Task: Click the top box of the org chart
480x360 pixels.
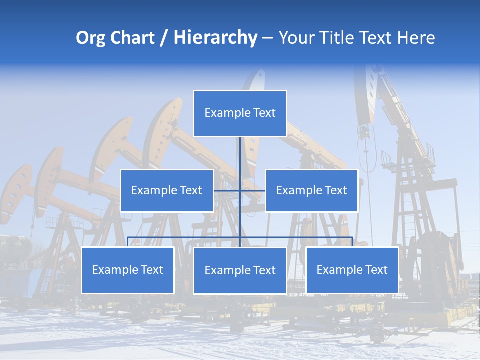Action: point(240,113)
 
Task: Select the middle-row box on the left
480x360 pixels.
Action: point(167,190)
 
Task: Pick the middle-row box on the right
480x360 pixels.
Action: point(311,190)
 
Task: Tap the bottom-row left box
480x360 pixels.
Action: point(128,270)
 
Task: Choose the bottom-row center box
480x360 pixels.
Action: point(240,270)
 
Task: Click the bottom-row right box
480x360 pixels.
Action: point(352,270)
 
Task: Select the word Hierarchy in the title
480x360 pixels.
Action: point(215,38)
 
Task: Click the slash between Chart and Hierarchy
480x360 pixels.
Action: point(164,38)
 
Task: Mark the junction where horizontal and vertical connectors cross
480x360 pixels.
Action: point(240,190)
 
